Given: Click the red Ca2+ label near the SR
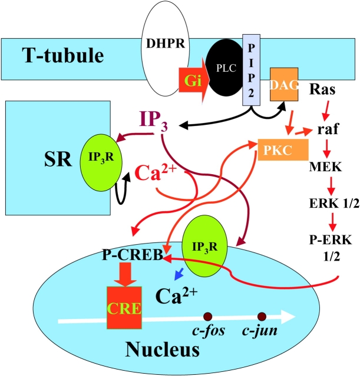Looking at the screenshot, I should pyautogui.click(x=154, y=172).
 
